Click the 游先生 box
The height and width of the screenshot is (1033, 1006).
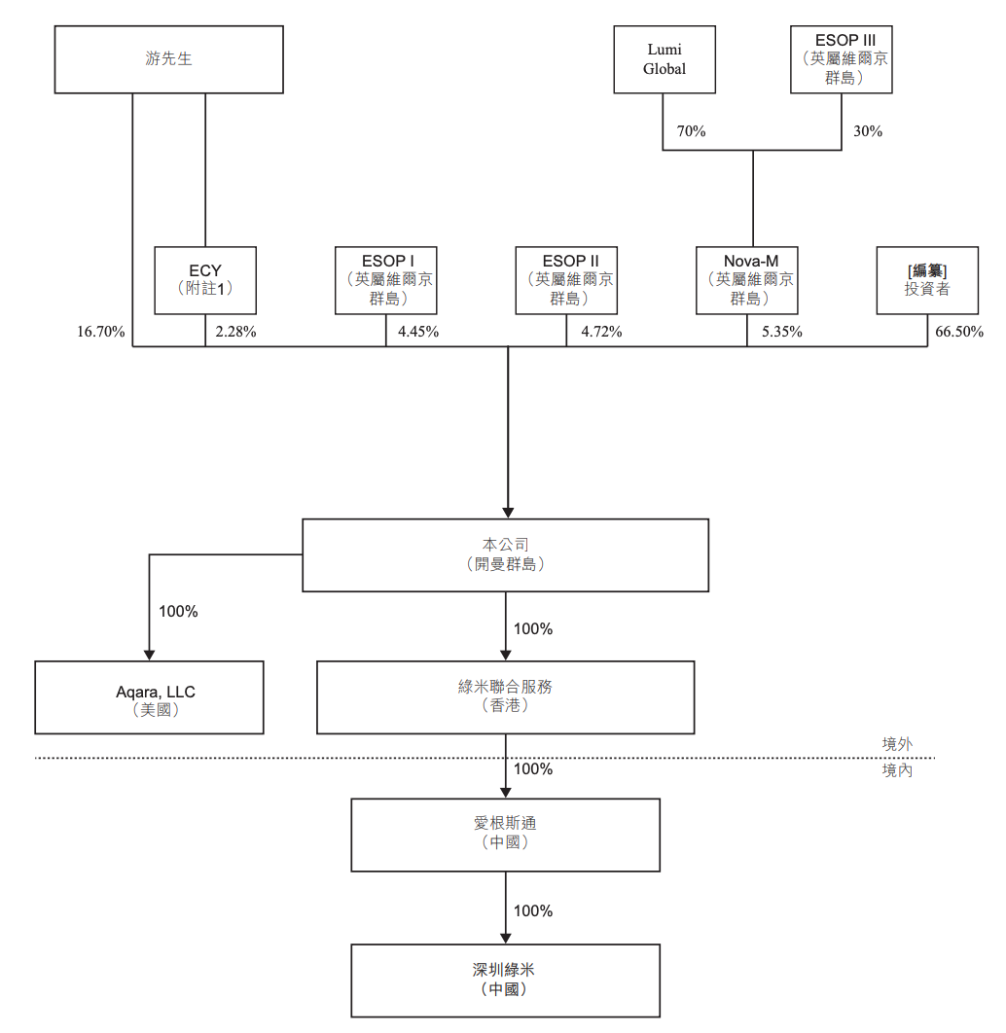click(x=168, y=59)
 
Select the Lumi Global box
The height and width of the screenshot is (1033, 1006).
click(x=665, y=59)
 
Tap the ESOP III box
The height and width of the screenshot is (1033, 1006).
click(x=842, y=59)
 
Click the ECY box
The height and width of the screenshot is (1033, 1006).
click(x=205, y=280)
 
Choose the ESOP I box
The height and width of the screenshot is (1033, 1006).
click(x=386, y=280)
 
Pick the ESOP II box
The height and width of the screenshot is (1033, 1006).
click(x=566, y=280)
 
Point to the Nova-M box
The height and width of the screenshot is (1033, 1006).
click(x=747, y=280)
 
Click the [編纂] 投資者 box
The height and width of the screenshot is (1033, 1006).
click(x=927, y=280)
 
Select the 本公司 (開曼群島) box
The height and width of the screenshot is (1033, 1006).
click(x=505, y=554)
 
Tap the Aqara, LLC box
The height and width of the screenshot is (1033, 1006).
click(x=149, y=697)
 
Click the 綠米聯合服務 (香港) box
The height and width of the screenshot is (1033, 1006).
click(x=505, y=697)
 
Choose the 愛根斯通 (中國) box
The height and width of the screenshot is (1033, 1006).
click(x=505, y=835)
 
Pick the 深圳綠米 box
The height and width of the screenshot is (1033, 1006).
click(x=505, y=980)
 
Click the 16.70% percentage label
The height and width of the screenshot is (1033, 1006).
click(x=101, y=332)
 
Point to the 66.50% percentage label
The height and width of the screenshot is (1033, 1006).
click(x=959, y=332)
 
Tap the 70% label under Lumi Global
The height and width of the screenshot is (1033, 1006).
click(x=691, y=131)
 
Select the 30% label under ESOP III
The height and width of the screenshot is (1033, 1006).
click(x=868, y=131)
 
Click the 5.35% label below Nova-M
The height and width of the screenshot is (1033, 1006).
click(x=782, y=332)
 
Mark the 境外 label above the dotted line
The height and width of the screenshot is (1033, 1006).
click(x=897, y=744)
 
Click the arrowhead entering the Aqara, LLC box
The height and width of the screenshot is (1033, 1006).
click(x=149, y=655)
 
